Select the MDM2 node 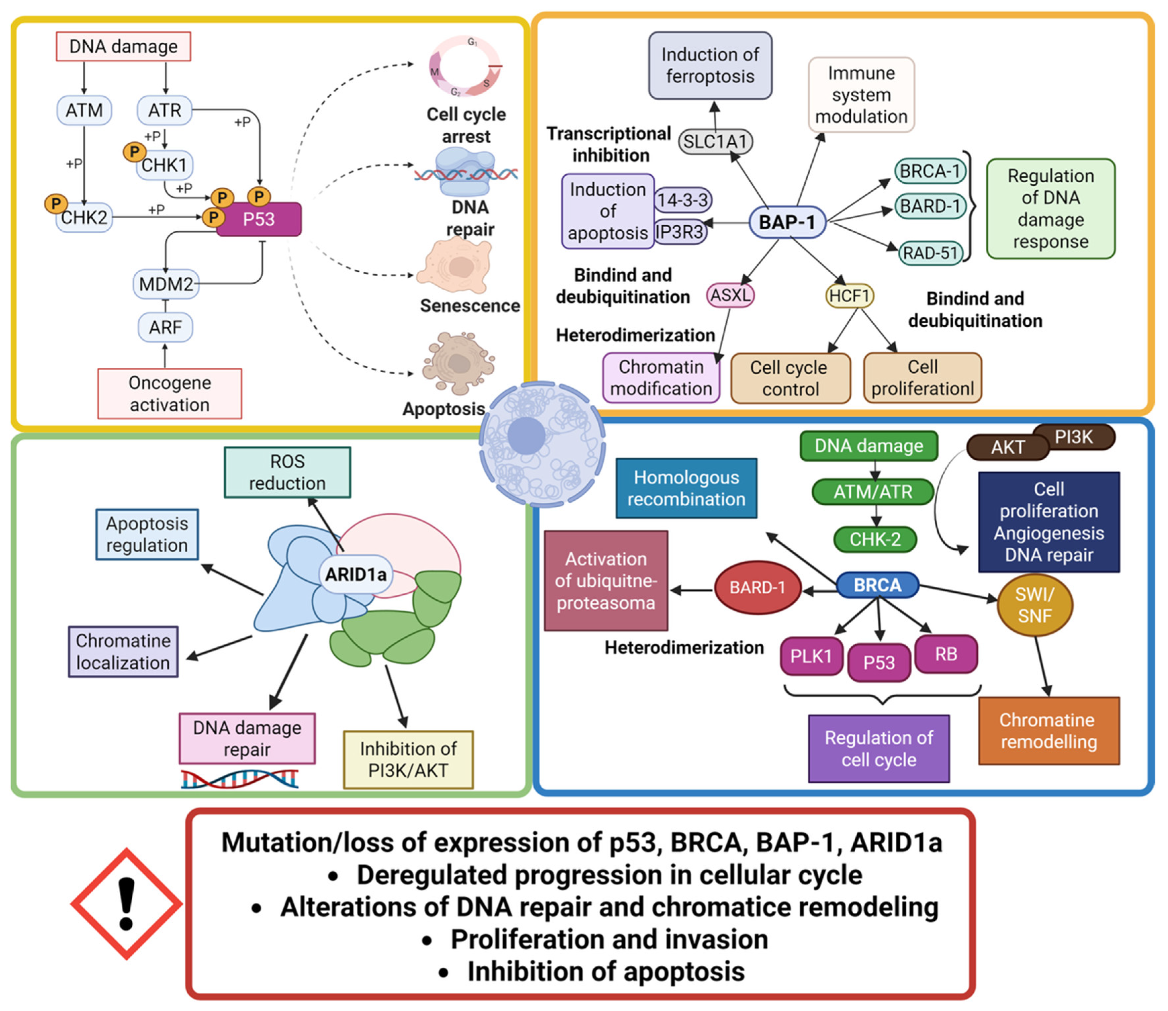tap(166, 284)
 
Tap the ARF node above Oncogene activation tap(165, 327)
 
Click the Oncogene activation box tap(170, 394)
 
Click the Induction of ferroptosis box tap(710, 66)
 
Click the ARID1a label tap(356, 574)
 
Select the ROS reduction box tap(287, 472)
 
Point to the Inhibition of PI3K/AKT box tap(408, 759)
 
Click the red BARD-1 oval tap(757, 588)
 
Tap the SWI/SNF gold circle tap(1035, 605)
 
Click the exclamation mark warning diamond tap(126, 904)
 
